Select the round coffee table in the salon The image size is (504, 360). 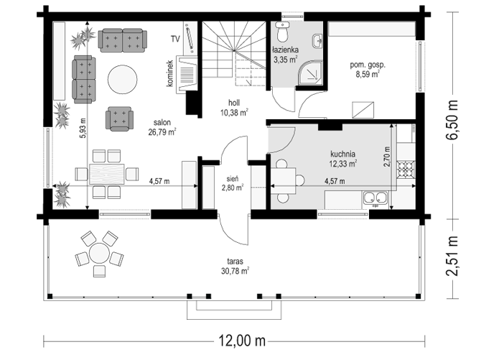(x=122, y=80)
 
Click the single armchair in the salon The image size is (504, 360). (x=119, y=119)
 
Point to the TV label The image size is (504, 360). (x=175, y=40)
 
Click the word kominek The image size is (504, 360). (x=169, y=73)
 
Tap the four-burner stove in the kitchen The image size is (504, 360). (x=406, y=169)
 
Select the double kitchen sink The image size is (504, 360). (x=375, y=199)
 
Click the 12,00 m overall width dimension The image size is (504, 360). (x=243, y=341)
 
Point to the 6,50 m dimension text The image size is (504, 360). (x=452, y=120)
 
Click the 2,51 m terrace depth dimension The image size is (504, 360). (x=452, y=257)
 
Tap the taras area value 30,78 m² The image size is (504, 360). (x=235, y=271)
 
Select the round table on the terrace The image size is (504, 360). (x=99, y=254)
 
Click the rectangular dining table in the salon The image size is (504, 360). (x=107, y=174)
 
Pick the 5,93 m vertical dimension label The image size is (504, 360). (x=83, y=129)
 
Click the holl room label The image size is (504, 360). (x=234, y=103)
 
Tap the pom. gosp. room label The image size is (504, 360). (x=368, y=65)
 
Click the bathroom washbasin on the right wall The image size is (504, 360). (x=317, y=41)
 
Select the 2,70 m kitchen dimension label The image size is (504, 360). (x=387, y=157)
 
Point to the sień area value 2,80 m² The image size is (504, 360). (x=233, y=188)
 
